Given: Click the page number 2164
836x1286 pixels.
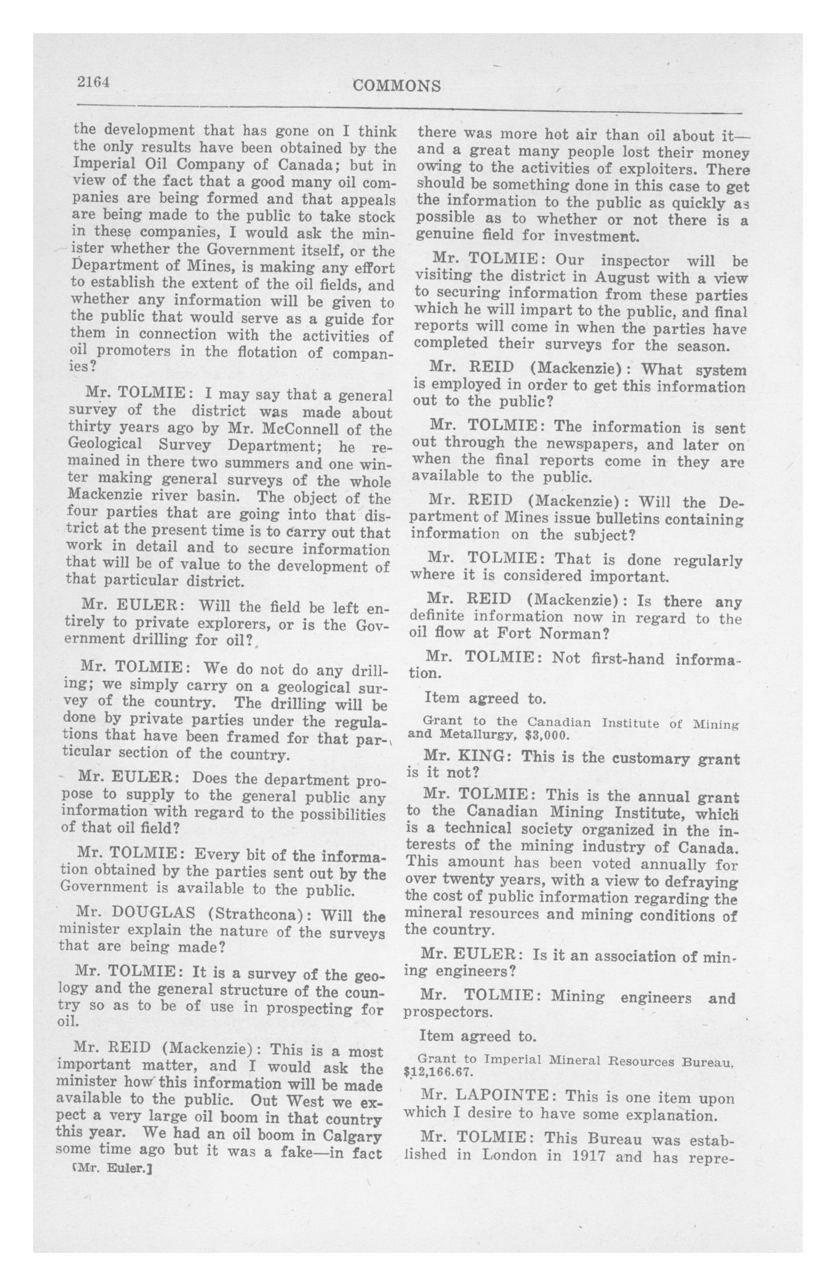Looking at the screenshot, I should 93,82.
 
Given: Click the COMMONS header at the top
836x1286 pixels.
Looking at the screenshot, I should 396,86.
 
